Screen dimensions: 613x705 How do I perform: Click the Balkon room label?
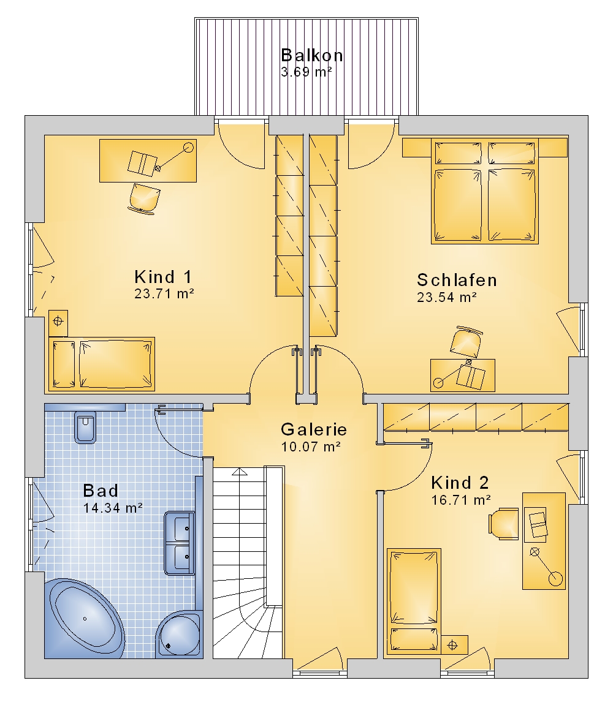tap(312, 55)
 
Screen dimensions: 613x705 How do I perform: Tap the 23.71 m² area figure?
tap(164, 293)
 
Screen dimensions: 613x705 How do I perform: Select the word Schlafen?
tap(457, 280)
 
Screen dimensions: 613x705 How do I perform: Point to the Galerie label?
tap(314, 429)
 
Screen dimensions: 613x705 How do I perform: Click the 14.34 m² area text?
tap(113, 508)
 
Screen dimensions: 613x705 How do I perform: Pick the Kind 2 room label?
tap(460, 483)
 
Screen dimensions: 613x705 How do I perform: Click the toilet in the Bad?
tap(85, 427)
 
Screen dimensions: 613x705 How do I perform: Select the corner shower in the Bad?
tap(178, 635)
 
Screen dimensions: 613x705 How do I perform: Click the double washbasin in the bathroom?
tap(180, 543)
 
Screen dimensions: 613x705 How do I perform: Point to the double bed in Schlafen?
tap(485, 190)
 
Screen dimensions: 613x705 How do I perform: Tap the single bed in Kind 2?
tap(414, 601)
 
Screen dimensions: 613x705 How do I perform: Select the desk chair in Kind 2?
tap(504, 523)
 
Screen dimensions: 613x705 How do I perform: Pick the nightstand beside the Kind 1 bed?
tap(58, 322)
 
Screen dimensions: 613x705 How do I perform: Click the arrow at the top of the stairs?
tap(240, 472)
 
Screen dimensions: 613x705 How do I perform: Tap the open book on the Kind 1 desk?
tap(142, 163)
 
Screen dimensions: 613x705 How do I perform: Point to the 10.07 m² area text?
tap(311, 447)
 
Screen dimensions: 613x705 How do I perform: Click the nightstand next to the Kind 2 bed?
tap(455, 645)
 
